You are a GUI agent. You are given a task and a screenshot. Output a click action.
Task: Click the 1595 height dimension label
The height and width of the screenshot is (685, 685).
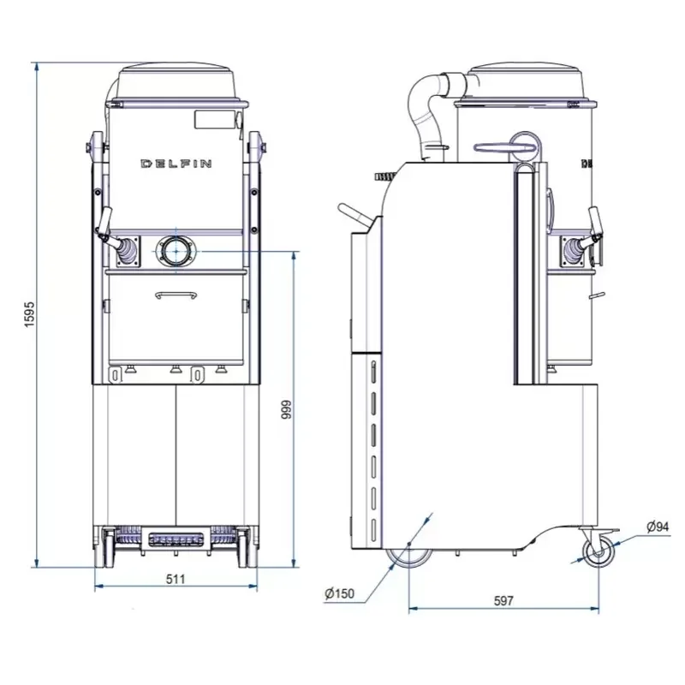[29, 314]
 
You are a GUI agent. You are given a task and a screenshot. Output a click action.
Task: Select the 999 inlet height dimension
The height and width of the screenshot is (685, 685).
[286, 410]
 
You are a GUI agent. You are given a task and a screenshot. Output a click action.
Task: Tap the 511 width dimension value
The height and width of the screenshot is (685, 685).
[176, 579]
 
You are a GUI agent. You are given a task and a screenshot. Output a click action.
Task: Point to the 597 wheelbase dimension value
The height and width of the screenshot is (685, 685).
[503, 601]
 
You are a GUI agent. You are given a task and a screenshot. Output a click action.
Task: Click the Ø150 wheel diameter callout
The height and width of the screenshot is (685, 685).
[339, 593]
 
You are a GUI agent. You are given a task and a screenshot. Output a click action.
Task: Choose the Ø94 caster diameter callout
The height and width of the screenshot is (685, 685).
[658, 527]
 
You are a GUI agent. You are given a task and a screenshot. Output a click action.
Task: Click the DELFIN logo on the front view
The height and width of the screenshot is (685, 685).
[176, 164]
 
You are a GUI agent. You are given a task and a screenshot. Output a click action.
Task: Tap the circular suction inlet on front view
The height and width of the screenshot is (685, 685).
[176, 252]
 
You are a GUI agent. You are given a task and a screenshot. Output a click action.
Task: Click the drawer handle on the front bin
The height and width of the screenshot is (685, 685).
[176, 295]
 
